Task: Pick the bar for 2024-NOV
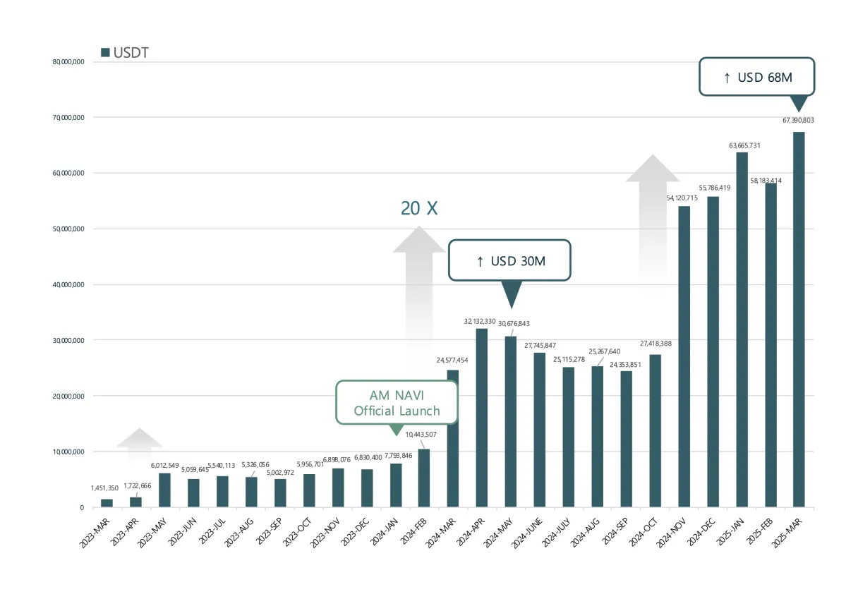point(684,356)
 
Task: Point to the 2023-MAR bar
point(107,503)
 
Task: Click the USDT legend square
point(105,53)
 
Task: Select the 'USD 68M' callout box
point(756,77)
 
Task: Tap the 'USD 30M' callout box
point(509,260)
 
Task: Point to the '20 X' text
point(419,208)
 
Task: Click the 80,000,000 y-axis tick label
point(68,62)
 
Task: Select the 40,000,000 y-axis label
point(68,285)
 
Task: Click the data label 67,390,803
point(798,121)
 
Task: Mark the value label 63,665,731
point(744,145)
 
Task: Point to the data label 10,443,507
point(421,434)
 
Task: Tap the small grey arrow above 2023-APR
point(140,439)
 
